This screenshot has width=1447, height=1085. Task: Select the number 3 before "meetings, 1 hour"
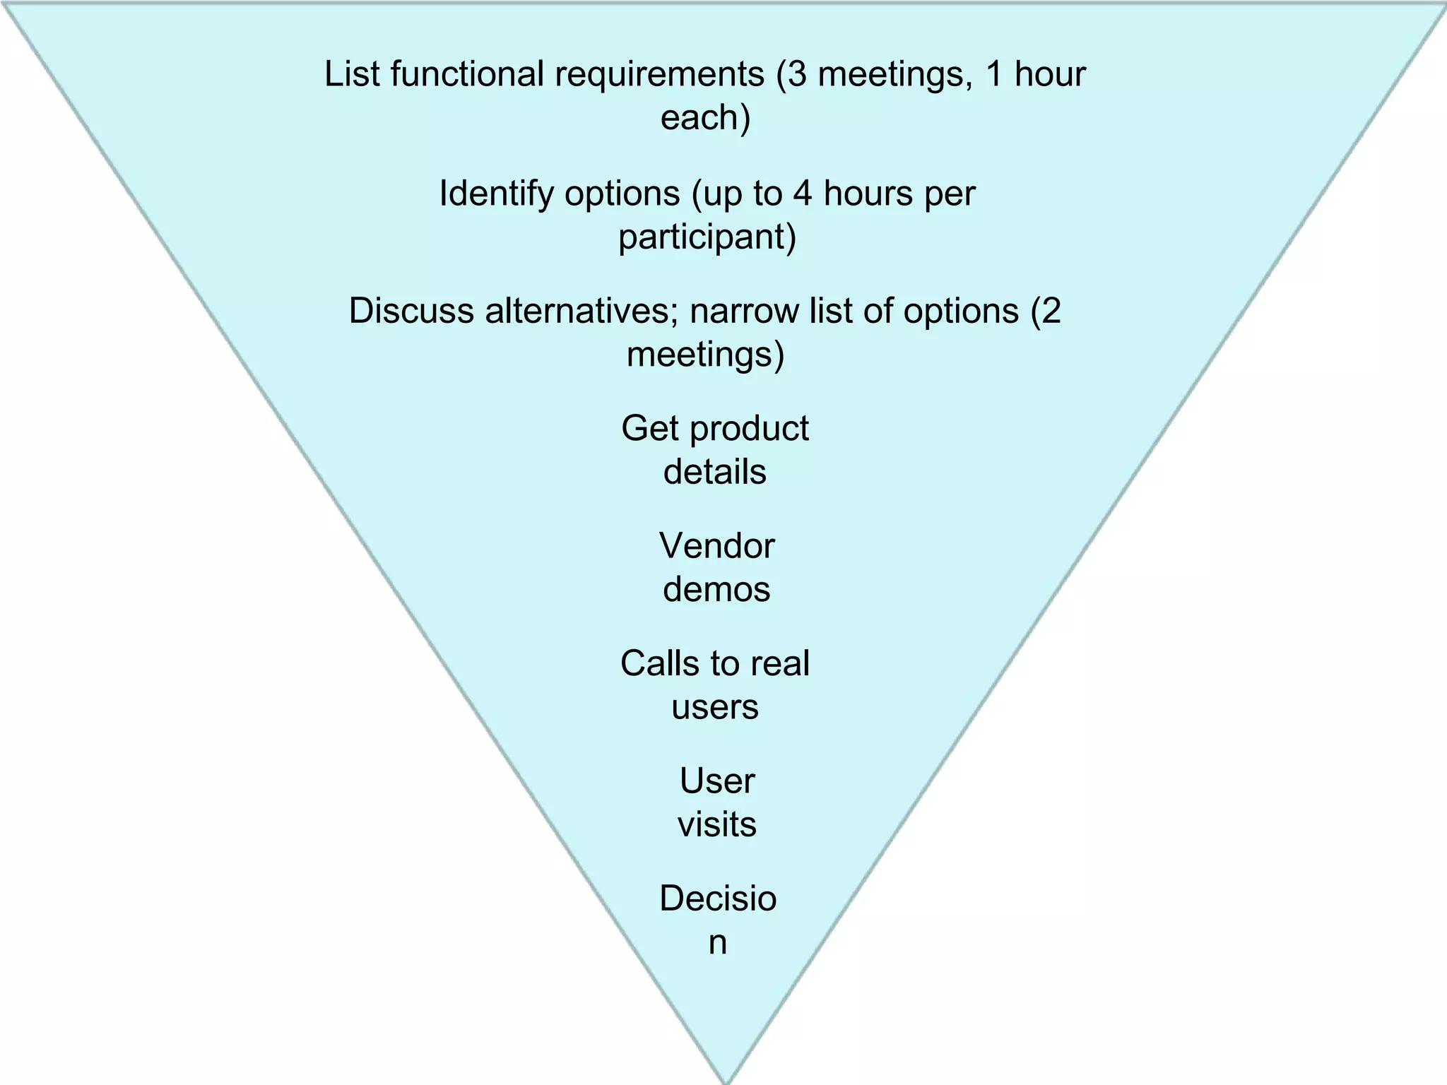point(797,74)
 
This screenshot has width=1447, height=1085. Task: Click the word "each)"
point(705,117)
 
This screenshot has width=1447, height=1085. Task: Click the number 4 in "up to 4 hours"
point(802,193)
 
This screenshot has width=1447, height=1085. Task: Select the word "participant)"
point(707,237)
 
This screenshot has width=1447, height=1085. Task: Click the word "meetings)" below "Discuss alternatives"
point(705,355)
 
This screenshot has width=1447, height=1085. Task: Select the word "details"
point(714,472)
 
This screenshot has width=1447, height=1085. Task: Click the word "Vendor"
point(716,546)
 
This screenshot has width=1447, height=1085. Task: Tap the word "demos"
point(716,590)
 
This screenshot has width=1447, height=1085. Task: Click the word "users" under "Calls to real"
point(714,707)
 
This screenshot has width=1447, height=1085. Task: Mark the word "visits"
point(716,824)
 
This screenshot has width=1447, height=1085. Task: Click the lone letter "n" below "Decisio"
point(717,943)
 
